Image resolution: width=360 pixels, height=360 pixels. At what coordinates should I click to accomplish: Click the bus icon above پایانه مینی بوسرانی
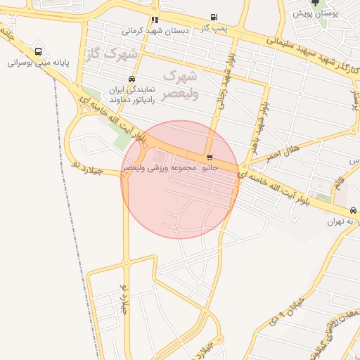click(x=38, y=51)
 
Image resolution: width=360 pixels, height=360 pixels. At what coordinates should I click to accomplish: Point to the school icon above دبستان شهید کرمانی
click(x=155, y=20)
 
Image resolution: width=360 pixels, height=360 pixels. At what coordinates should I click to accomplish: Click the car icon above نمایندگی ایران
click(x=131, y=79)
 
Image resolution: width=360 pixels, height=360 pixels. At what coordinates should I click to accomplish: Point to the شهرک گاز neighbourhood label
click(x=111, y=54)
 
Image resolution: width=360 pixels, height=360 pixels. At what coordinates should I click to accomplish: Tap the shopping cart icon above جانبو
click(x=209, y=157)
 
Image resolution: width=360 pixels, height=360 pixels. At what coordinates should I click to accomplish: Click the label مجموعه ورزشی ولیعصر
click(x=154, y=169)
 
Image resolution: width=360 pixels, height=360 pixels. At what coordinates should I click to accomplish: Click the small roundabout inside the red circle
click(x=176, y=228)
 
